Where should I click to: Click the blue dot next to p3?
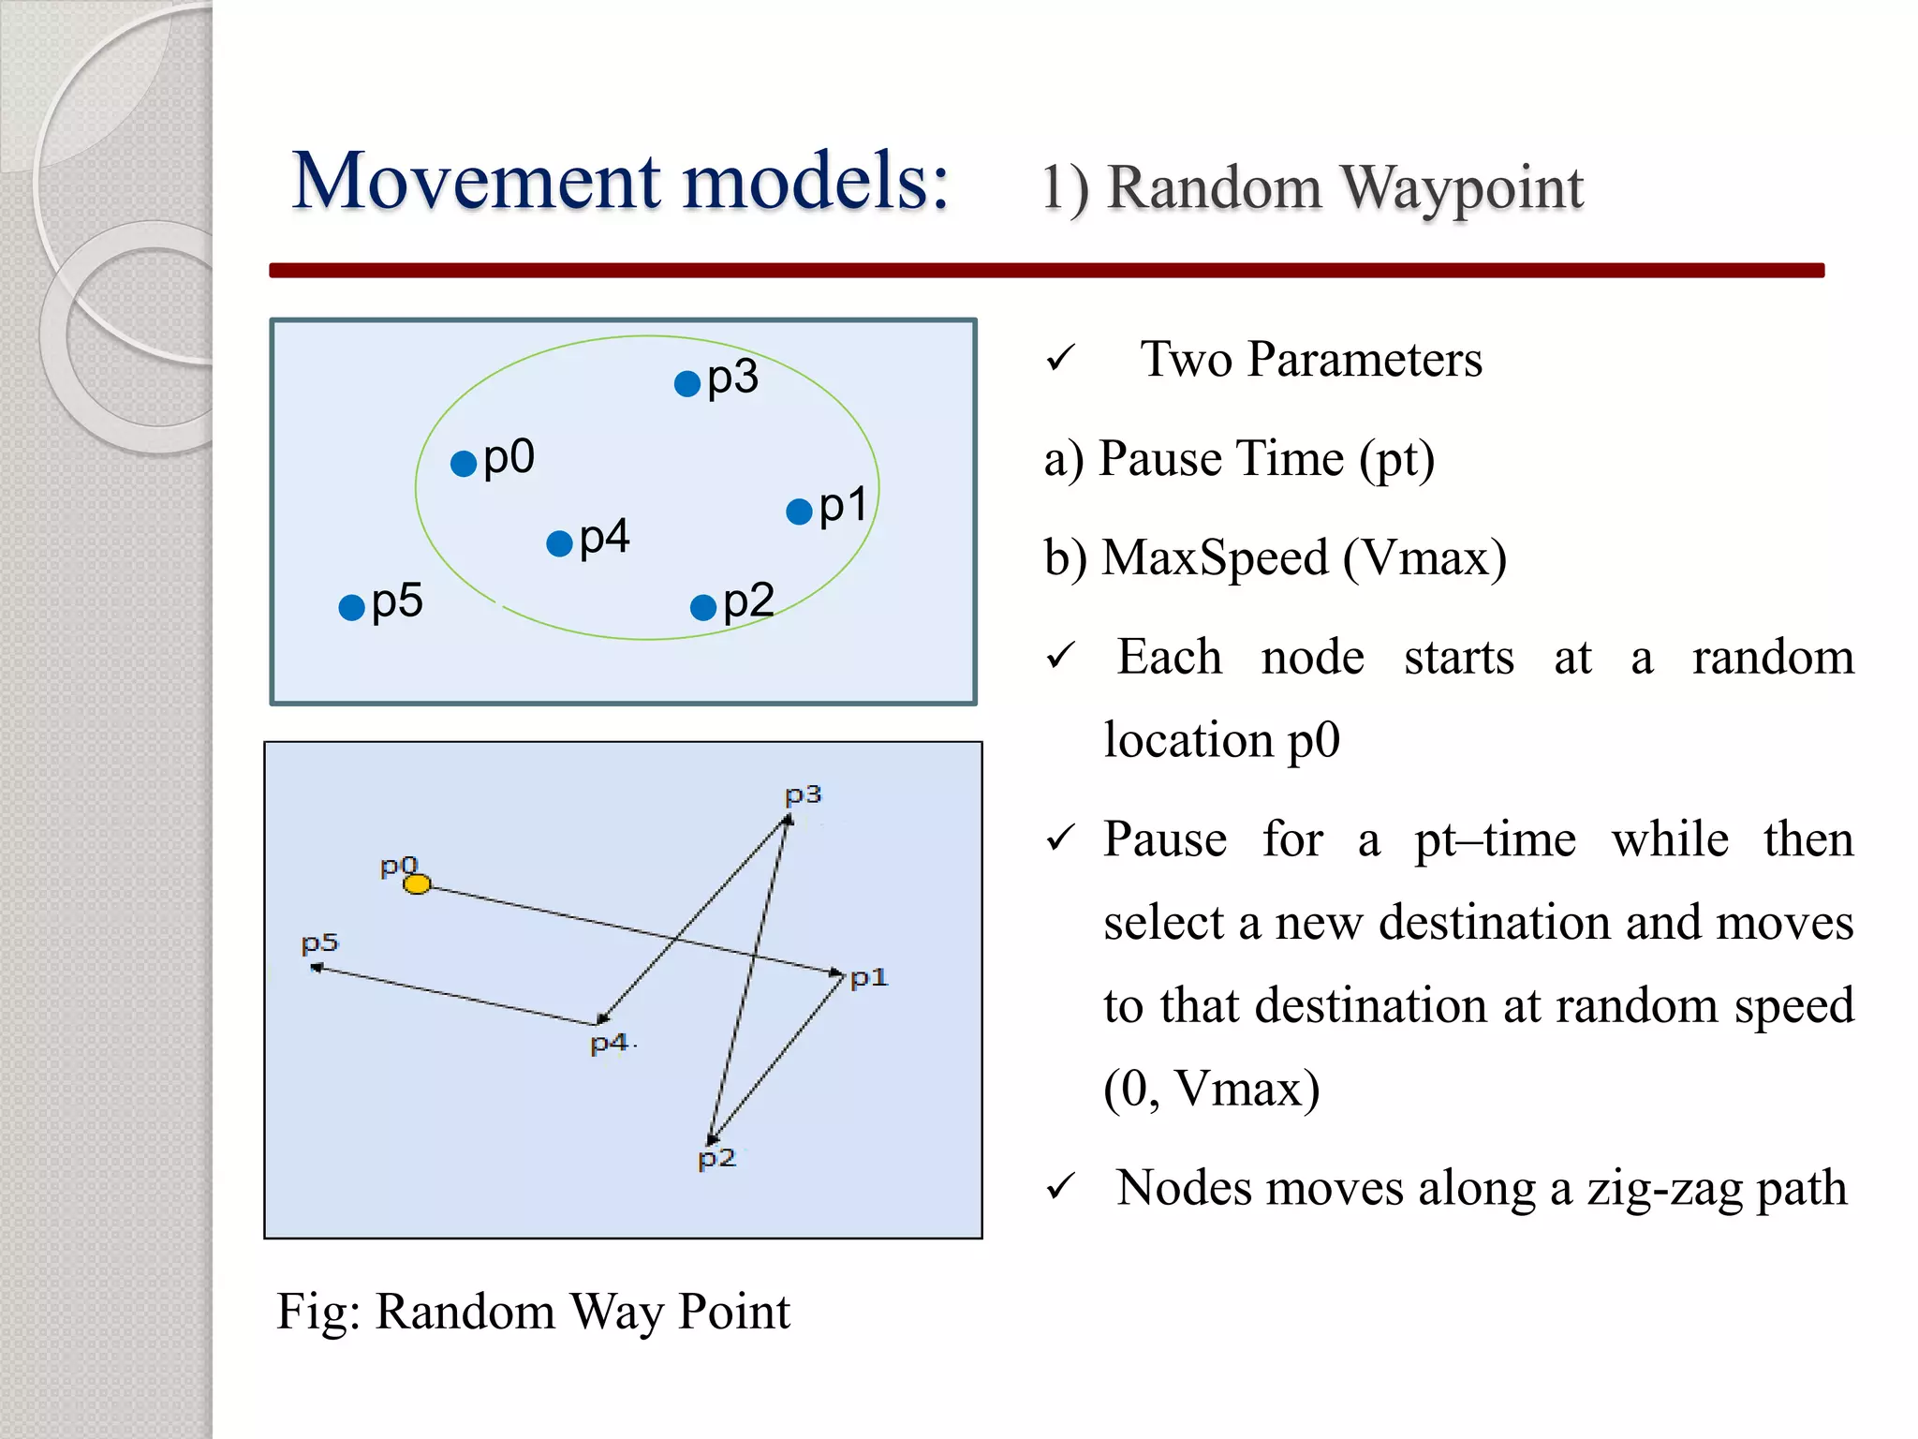(687, 383)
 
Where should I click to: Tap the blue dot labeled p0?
(464, 463)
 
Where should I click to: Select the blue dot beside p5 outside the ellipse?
(351, 607)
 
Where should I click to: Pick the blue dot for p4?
(559, 543)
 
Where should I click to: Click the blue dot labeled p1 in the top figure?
(799, 512)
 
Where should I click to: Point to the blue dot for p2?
(703, 607)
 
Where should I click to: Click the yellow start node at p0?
(417, 883)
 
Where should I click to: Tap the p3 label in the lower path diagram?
(803, 795)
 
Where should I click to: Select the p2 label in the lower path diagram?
(716, 1159)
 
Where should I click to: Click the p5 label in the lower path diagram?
(319, 942)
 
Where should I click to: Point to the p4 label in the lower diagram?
(609, 1043)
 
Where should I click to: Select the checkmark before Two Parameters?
(1060, 358)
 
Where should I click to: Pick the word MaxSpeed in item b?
(1215, 558)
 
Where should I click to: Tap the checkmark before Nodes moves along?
(1060, 1187)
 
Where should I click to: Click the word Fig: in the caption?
(318, 1311)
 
